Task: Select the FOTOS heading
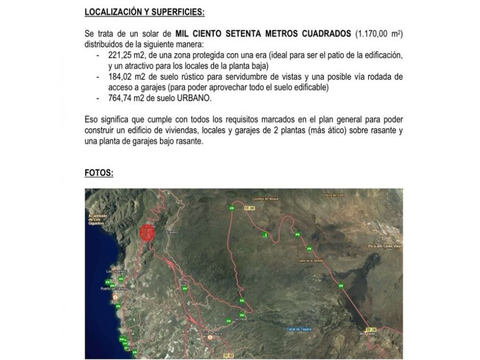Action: (x=99, y=172)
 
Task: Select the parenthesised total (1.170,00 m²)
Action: (x=379, y=34)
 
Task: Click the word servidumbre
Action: (x=222, y=77)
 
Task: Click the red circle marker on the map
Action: (x=147, y=233)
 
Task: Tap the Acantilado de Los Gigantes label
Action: (x=98, y=219)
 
